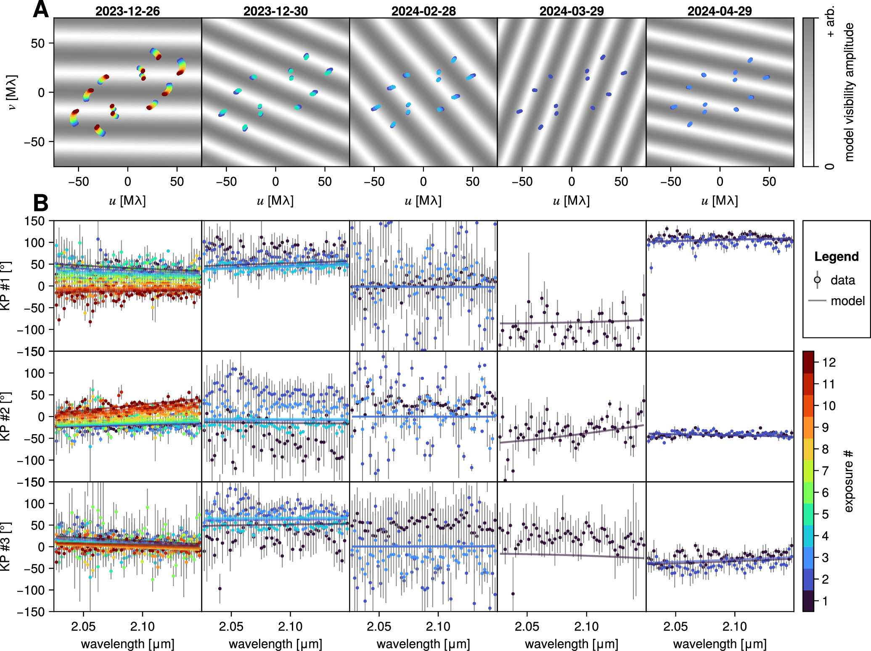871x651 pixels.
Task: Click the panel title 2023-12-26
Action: click(127, 11)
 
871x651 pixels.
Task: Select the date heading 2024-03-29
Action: click(572, 11)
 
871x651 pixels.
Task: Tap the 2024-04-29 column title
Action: click(720, 11)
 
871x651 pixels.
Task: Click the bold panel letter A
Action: click(41, 9)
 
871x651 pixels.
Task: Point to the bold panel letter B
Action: click(41, 203)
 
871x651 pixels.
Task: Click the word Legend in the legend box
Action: click(836, 256)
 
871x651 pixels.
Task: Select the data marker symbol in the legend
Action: click(817, 280)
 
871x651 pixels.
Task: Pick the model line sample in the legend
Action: click(817, 301)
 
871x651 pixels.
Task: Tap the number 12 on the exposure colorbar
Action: click(829, 362)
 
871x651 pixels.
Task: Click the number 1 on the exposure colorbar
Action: click(825, 601)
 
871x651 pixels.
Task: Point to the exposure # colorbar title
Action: click(848, 481)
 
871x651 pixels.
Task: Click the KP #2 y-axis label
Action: click(5, 416)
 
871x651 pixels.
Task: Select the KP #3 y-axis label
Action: click(5, 547)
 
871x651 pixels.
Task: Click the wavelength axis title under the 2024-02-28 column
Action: click(423, 643)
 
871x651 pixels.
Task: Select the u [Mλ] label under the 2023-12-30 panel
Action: click(275, 200)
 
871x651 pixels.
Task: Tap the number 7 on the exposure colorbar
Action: click(825, 471)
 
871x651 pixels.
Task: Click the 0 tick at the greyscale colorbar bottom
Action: click(829, 166)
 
